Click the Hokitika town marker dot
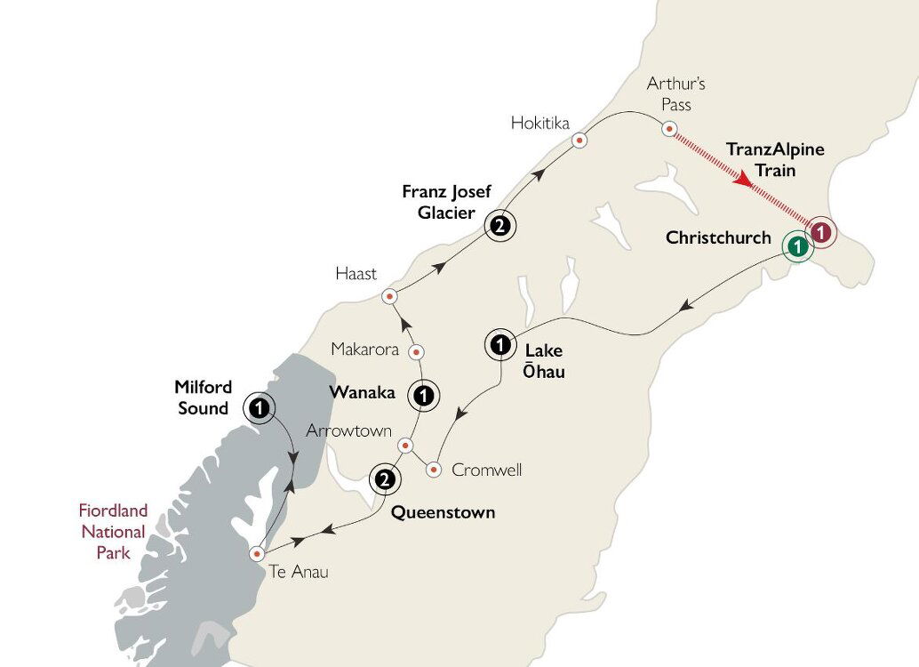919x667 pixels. [x=579, y=140]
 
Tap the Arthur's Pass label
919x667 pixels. [x=668, y=93]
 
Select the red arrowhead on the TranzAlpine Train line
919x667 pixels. [x=744, y=183]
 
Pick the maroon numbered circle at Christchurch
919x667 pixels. [x=823, y=233]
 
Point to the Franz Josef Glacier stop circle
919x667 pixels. [x=500, y=226]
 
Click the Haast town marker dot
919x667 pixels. [x=389, y=297]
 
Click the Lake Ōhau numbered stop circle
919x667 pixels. [x=500, y=344]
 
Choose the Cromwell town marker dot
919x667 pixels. [x=434, y=469]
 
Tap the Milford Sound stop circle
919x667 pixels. [x=259, y=407]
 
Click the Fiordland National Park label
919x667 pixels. [x=113, y=532]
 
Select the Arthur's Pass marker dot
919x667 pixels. [x=670, y=129]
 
